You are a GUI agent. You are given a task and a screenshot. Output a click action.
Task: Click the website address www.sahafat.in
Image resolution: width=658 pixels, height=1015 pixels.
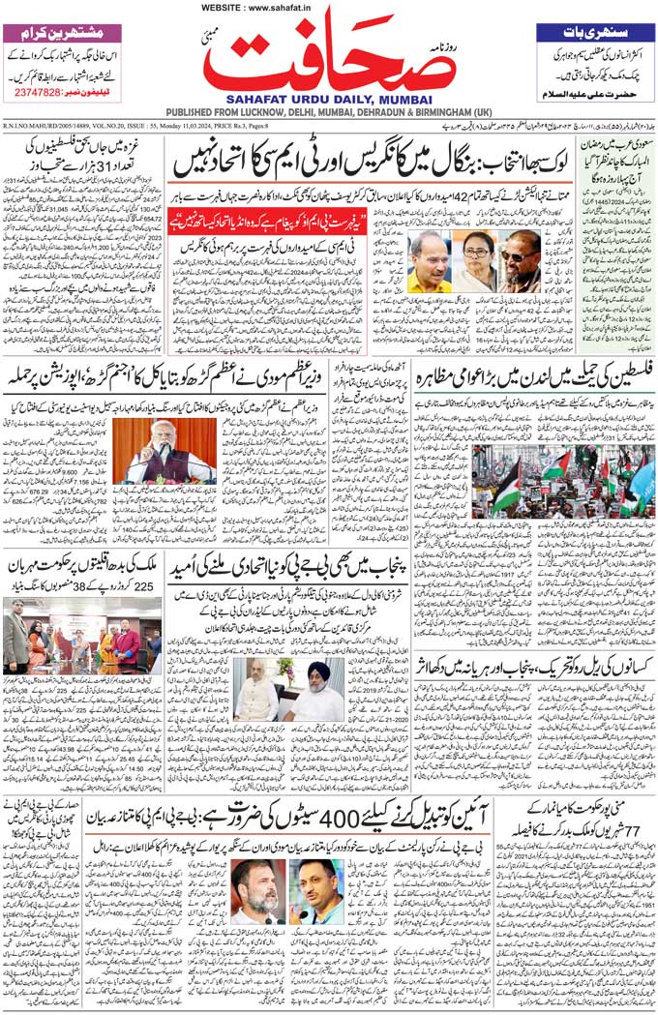pos(273,9)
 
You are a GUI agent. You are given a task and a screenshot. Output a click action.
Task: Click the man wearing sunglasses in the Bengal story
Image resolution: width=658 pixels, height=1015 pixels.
pos(520,261)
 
